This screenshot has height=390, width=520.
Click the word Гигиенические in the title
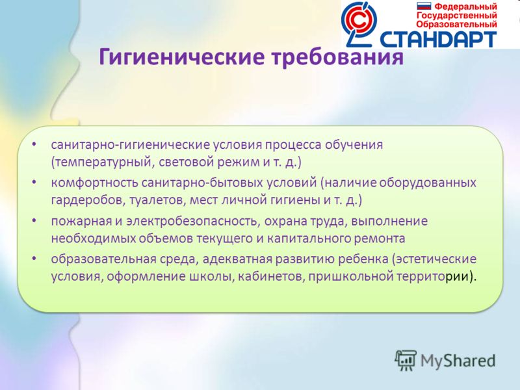click(x=182, y=57)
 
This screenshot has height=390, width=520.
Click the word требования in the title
click(x=337, y=57)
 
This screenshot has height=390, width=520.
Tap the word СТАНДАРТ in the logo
click(x=438, y=40)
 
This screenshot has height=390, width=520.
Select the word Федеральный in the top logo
click(x=465, y=6)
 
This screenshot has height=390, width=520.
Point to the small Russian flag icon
click(x=424, y=6)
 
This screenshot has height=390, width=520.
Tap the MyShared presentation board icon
click(x=406, y=360)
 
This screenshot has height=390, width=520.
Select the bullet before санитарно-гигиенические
click(x=34, y=144)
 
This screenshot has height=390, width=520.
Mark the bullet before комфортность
click(x=34, y=182)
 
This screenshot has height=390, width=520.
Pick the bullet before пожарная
click(x=34, y=220)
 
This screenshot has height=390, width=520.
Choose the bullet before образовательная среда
click(x=34, y=258)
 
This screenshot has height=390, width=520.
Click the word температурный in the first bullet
click(x=103, y=162)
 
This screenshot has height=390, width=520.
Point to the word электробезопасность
click(x=193, y=222)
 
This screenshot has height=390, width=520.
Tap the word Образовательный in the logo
click(x=457, y=24)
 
